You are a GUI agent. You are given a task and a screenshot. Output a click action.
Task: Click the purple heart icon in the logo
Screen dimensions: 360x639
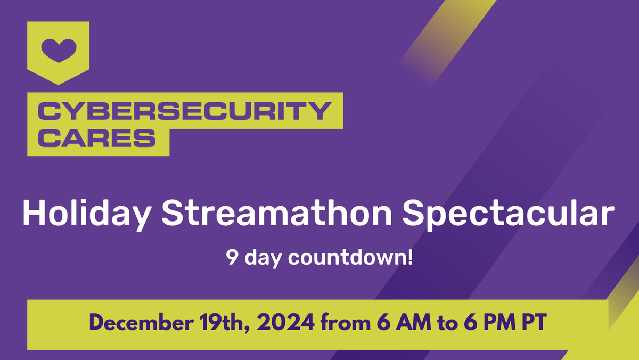click(x=59, y=50)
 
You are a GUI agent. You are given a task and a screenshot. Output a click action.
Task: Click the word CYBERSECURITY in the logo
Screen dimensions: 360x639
click(x=184, y=111)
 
